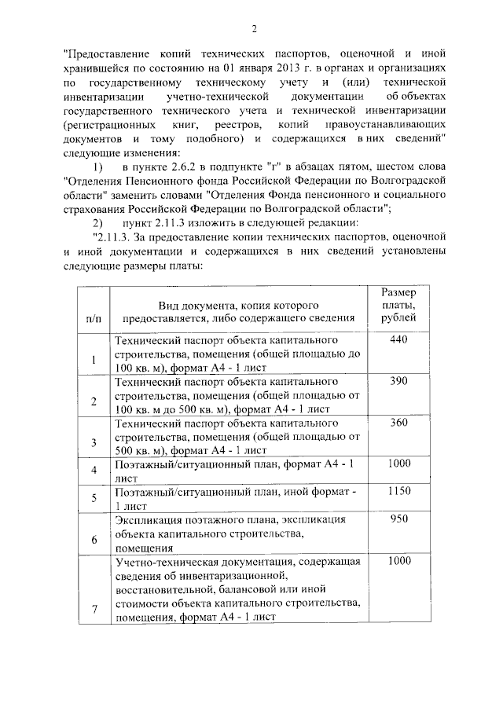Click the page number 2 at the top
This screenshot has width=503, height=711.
(x=254, y=30)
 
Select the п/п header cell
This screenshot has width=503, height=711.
(x=93, y=317)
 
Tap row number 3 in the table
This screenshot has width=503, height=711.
(x=94, y=443)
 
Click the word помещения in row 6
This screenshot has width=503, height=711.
(x=144, y=548)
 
